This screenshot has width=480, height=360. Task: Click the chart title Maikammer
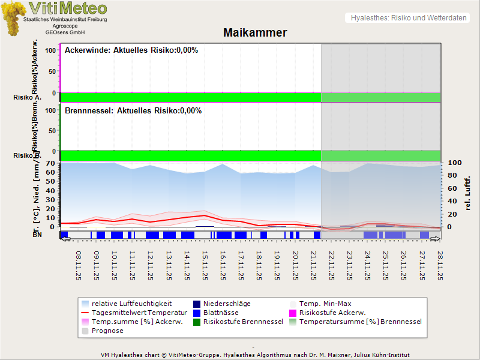pos(255,33)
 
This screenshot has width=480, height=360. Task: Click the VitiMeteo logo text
pos(68,8)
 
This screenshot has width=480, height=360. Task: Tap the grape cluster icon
pos(13,18)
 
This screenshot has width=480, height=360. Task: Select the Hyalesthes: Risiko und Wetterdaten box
pos(408,18)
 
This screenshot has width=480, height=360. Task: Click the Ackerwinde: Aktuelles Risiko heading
pos(131,50)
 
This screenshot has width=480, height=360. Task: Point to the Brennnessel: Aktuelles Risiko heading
pos(133,111)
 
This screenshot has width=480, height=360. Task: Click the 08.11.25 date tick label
pos(78,265)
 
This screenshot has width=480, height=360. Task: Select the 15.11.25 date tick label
pos(205,265)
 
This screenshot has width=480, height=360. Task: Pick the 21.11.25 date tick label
pos(313,265)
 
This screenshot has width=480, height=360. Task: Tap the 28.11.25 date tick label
pos(440,265)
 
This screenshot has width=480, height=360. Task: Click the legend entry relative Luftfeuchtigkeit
pos(131,304)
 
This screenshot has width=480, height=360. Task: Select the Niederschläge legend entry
pos(227,304)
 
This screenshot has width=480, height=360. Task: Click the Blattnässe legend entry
pos(221,313)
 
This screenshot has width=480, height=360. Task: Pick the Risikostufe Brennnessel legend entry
pos(243,322)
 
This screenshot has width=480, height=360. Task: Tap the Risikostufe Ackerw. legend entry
pos(334,313)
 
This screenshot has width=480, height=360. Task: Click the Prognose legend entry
pos(107,331)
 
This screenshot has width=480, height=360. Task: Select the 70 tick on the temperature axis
pos(50,163)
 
